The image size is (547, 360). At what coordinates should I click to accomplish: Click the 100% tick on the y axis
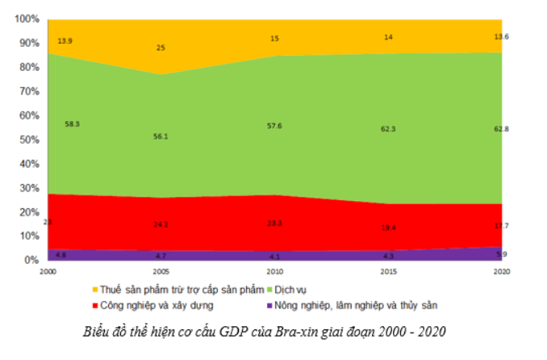pyautogui.click(x=25, y=19)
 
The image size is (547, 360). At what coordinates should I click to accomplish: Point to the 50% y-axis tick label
pyautogui.click(x=27, y=140)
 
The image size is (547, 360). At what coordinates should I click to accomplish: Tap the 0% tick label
pyautogui.click(x=31, y=261)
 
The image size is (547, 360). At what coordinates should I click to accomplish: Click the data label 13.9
pyautogui.click(x=66, y=40)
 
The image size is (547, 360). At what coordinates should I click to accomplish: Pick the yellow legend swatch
pyautogui.click(x=96, y=288)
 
